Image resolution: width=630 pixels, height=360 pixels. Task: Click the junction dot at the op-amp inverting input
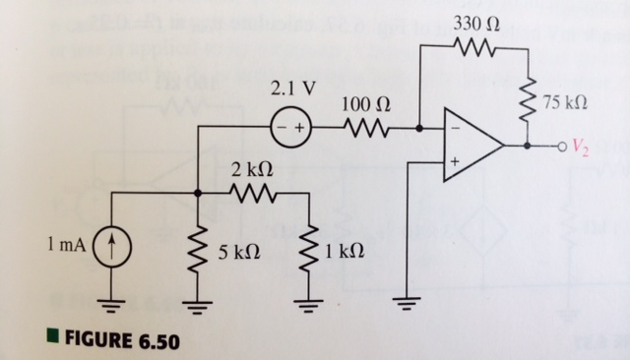click(x=420, y=126)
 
